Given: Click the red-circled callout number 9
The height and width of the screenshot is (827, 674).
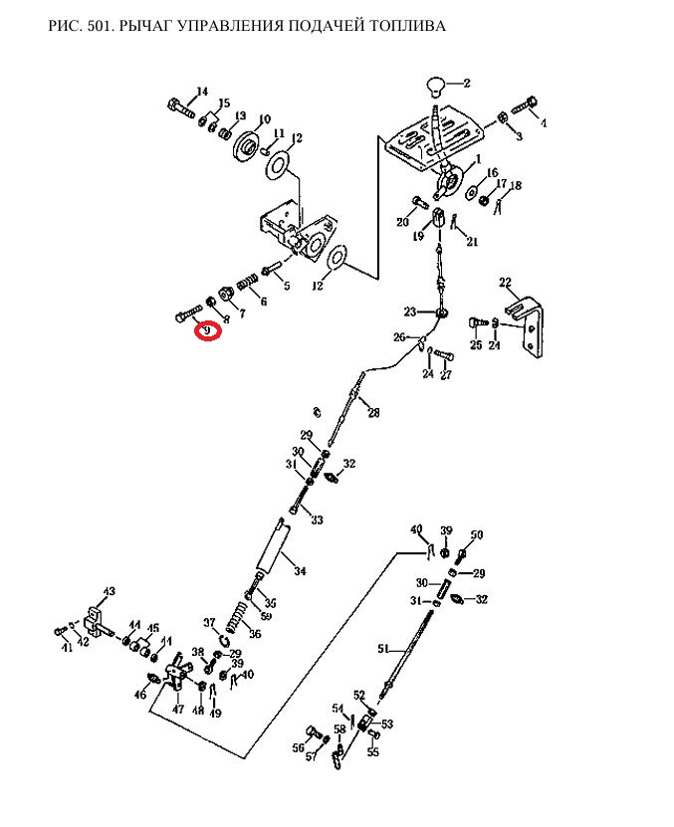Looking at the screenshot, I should point(208,329).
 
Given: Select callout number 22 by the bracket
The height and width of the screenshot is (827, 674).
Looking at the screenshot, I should point(505,284).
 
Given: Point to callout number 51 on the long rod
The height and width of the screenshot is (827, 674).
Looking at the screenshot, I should point(383,648).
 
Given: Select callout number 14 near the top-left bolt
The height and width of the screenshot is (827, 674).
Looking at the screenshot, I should point(202,93).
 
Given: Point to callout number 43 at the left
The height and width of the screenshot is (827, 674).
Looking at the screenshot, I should point(109,592).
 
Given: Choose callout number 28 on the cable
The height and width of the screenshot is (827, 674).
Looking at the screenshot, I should point(373,413).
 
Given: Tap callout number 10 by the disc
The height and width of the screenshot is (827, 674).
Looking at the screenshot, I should point(264,120).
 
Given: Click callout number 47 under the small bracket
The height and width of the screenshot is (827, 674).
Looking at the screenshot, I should point(178,709).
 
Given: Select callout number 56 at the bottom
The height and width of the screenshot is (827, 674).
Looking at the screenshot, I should point(299,747).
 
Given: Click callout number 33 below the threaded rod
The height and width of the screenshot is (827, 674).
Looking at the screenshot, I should point(317,519).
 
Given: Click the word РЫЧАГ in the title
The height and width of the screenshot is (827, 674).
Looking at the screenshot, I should point(145,25).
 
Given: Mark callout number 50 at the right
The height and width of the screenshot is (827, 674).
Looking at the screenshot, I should point(477,535).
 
